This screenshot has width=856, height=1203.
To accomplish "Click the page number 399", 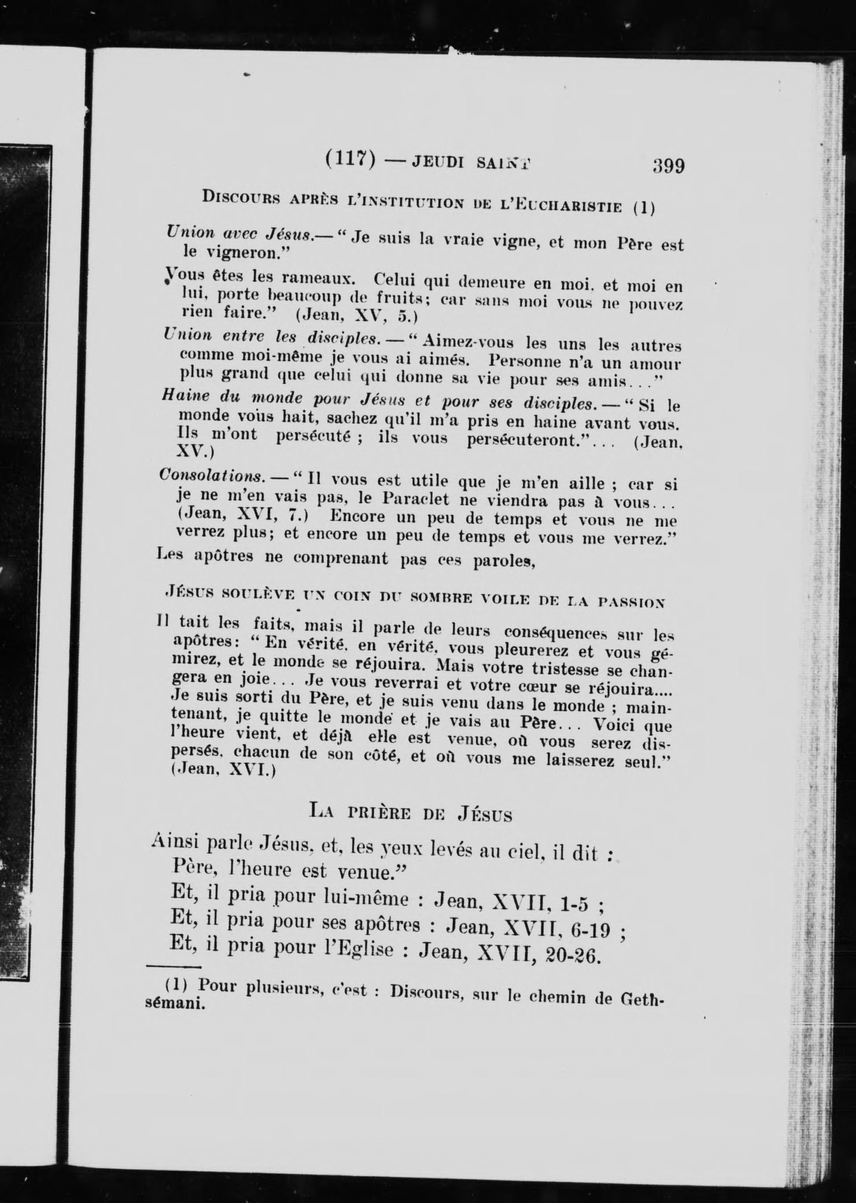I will tap(668, 166).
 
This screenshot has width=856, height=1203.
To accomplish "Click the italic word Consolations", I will tap(211, 475).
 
